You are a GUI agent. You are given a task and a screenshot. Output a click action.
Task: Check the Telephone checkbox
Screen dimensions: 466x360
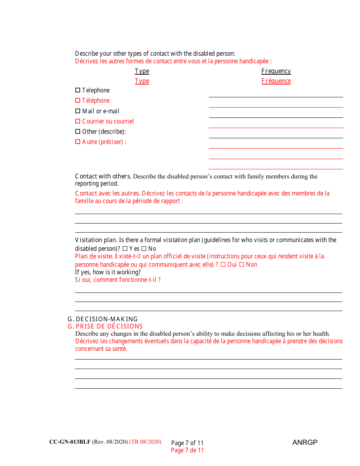[78, 91]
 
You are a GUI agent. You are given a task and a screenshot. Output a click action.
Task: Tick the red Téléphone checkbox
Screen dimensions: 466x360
[78, 101]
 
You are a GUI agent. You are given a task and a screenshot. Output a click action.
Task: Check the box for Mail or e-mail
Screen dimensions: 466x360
[78, 111]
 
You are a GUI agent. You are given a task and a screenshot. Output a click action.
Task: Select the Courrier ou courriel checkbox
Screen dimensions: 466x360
[78, 122]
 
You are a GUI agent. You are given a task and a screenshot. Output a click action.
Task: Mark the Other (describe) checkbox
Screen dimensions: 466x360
[78, 132]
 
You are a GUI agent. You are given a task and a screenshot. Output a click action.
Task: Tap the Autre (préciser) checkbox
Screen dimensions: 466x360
[78, 142]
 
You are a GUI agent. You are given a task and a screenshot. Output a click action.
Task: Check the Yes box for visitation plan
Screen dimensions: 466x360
[125, 249]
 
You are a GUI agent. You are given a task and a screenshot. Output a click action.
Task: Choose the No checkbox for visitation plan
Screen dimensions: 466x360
[144, 249]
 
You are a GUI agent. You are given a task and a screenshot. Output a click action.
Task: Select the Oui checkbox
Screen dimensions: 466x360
[223, 265]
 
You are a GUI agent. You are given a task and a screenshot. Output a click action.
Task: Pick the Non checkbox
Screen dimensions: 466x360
[242, 265]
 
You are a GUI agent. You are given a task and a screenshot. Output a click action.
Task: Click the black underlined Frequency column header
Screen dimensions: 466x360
[276, 71]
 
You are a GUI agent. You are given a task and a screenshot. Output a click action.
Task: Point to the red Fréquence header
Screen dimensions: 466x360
[276, 81]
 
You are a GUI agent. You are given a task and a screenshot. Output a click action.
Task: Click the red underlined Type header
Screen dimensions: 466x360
[142, 81]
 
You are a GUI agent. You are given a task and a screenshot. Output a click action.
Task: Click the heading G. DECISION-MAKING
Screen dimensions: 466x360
[102, 319]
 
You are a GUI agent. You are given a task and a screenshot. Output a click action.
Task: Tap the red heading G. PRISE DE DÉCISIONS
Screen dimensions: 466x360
[105, 327]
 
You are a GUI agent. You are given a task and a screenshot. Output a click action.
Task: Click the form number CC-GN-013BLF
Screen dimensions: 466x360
[70, 442]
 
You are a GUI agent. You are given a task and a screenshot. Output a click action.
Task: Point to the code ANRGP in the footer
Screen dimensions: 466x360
[305, 443]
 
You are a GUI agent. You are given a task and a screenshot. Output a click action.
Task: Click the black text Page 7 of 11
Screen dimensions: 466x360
[187, 443]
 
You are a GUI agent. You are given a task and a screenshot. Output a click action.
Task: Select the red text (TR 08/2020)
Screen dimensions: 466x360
[145, 442]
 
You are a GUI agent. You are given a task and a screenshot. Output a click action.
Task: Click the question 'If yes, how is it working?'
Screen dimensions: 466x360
[108, 272]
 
